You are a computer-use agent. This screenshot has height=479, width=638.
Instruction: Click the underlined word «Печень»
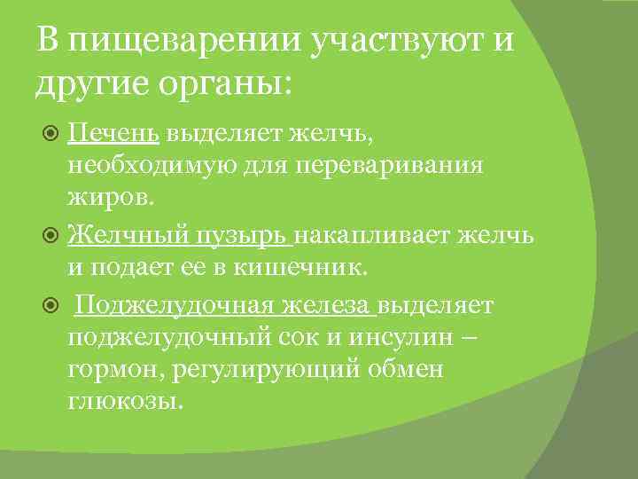(x=113, y=133)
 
